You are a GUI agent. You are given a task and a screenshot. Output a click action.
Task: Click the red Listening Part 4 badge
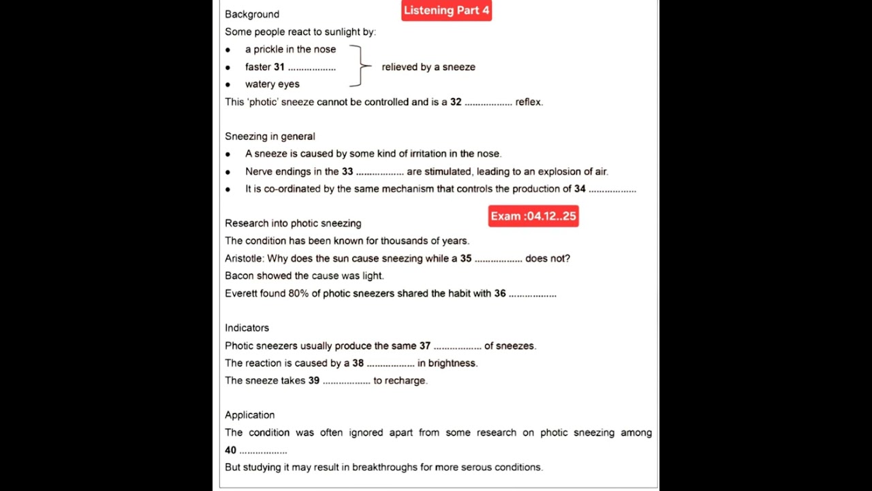[446, 10]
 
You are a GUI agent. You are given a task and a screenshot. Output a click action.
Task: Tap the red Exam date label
[533, 216]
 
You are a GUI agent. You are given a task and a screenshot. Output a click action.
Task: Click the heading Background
[252, 14]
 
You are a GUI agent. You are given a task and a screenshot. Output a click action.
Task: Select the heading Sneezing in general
[270, 136]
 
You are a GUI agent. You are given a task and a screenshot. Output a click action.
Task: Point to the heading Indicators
[247, 328]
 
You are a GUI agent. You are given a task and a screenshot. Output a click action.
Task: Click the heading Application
[249, 415]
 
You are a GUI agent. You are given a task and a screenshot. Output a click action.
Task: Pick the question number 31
[279, 67]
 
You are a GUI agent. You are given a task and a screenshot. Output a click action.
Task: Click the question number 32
[456, 102]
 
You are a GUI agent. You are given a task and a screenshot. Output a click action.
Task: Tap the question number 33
[347, 172]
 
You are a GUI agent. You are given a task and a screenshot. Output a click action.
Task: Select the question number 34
[580, 189]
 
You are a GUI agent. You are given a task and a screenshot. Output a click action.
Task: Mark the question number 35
[466, 258]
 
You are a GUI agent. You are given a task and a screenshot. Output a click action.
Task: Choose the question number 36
[500, 293]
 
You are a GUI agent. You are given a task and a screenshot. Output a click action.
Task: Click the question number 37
[425, 346]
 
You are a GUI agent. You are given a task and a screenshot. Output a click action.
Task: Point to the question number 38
[358, 363]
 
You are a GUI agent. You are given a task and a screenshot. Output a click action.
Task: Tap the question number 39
[314, 381]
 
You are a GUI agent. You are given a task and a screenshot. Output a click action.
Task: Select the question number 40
[231, 450]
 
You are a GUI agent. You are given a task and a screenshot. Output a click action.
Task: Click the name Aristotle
[243, 258]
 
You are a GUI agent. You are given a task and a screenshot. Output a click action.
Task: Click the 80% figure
[298, 293]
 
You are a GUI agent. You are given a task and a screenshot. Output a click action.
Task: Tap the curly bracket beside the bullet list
[360, 66]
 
